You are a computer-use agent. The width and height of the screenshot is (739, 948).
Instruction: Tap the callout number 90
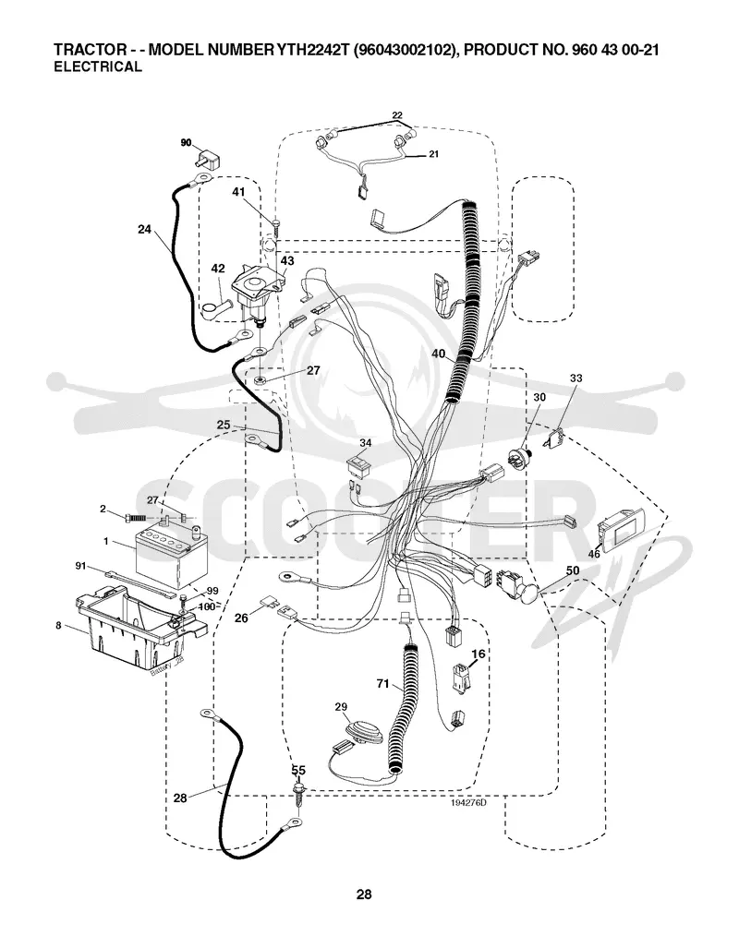(186, 143)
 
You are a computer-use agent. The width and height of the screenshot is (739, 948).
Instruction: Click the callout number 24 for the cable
(144, 229)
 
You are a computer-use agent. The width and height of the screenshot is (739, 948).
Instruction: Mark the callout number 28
(180, 798)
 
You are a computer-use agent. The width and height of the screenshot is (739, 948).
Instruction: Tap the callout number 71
(382, 684)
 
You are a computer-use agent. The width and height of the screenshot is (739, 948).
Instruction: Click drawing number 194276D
(468, 803)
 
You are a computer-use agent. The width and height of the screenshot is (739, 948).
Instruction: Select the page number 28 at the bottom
(364, 894)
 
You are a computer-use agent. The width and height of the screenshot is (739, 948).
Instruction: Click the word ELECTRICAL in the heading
(98, 66)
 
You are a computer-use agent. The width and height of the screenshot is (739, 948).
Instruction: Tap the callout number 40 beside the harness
(438, 354)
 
